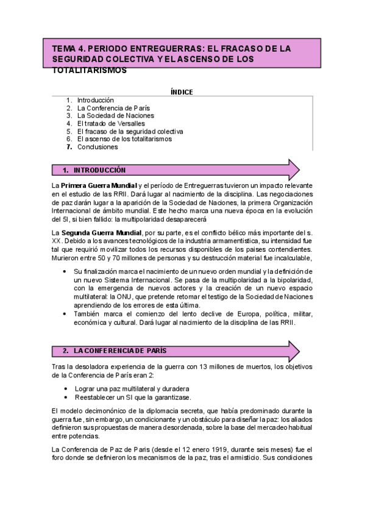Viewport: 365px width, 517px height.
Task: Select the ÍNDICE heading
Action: point(182,92)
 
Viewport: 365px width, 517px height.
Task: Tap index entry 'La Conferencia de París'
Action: point(113,108)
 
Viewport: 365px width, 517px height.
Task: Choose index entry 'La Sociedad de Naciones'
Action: point(115,115)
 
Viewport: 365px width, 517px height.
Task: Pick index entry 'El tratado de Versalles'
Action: point(111,123)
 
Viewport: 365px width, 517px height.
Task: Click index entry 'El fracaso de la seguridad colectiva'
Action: point(130,131)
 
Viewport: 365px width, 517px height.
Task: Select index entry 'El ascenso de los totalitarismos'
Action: point(124,138)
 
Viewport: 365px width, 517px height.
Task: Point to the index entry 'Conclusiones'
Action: point(97,146)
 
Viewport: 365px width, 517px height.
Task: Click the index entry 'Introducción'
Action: point(95,100)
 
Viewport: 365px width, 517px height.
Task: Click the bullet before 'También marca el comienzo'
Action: point(66,314)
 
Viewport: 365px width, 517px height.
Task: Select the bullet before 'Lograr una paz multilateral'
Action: point(66,388)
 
